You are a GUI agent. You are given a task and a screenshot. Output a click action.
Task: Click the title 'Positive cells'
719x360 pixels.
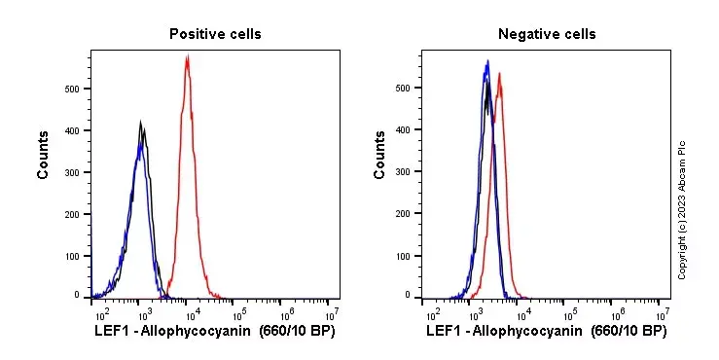[215, 34]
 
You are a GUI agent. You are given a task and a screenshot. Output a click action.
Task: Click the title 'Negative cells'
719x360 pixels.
[547, 34]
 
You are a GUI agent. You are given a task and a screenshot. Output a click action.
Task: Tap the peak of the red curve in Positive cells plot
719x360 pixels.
[186, 57]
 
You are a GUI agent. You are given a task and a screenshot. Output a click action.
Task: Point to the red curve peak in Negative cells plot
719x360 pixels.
[499, 74]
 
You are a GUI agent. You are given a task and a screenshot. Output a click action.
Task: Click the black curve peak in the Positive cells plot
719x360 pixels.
[140, 124]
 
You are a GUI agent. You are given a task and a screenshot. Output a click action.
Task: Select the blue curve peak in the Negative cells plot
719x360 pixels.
[486, 62]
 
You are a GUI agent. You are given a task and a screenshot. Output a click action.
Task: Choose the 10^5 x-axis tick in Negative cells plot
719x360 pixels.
[570, 314]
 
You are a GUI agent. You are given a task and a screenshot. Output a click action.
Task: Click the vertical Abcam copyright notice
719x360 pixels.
[682, 209]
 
